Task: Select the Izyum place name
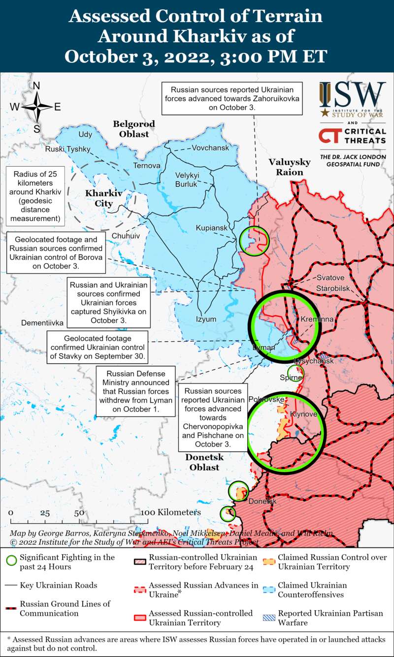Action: click(206, 319)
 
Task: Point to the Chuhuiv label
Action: click(126, 236)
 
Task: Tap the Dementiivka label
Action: click(42, 323)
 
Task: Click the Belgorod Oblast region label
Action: click(133, 129)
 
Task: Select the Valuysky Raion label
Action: click(289, 167)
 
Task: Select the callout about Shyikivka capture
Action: click(108, 302)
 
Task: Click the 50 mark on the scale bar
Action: click(79, 513)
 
